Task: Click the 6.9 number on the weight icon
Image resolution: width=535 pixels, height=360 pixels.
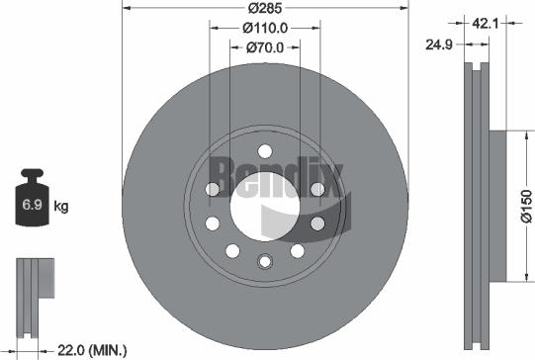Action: [30, 207]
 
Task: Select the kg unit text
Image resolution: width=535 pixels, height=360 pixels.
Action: [61, 207]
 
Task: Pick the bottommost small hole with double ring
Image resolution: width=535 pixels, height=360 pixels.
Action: [264, 262]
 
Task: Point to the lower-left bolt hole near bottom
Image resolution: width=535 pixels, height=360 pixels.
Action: [231, 250]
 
